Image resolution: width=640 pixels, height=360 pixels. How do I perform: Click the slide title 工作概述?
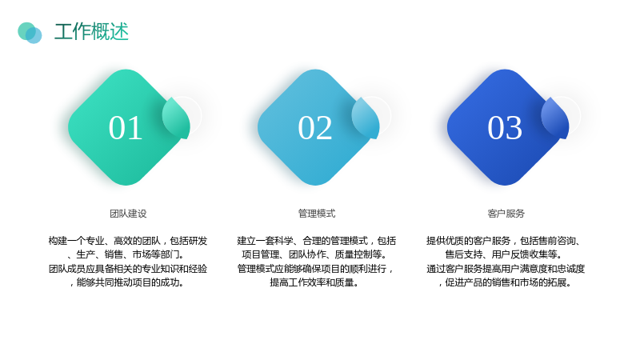[91, 32]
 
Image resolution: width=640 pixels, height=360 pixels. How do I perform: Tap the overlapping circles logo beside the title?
[30, 33]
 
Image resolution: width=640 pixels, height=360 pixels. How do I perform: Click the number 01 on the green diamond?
[126, 128]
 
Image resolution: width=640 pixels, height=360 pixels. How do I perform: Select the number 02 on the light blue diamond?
[314, 128]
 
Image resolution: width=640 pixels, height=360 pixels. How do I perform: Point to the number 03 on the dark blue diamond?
[505, 128]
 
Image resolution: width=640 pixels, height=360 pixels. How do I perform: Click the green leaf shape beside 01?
[177, 118]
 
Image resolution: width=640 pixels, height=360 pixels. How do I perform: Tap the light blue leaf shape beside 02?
[366, 118]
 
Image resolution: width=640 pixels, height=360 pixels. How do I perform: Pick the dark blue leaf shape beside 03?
[555, 118]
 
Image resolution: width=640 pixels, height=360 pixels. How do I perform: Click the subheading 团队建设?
[128, 214]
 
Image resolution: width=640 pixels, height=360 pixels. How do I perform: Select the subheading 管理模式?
[317, 214]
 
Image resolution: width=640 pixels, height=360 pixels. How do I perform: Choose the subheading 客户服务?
[506, 214]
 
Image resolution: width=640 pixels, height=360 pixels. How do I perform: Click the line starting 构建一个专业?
[128, 241]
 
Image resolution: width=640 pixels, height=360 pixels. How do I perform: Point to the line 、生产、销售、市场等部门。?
[126, 254]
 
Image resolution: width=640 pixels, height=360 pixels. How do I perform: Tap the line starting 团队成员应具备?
[128, 269]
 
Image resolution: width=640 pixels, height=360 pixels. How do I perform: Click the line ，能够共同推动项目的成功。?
[126, 282]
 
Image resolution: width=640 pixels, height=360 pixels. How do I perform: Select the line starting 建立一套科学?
[317, 241]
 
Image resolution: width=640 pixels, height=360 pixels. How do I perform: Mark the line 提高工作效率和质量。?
[314, 282]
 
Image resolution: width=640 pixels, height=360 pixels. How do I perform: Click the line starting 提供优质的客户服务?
[504, 241]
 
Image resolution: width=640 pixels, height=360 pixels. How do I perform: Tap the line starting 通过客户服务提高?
[506, 269]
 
